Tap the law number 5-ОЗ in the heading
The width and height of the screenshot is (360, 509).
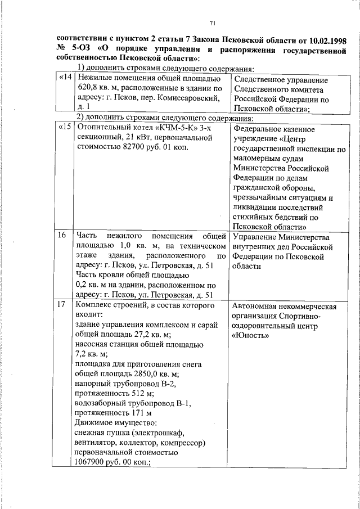[78, 49]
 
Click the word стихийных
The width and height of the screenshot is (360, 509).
[253, 218]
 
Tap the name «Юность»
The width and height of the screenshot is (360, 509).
[251, 336]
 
